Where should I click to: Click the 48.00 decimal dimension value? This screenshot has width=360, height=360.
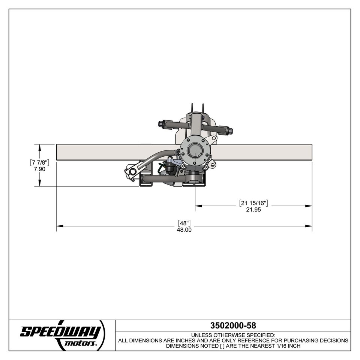[x=184, y=230]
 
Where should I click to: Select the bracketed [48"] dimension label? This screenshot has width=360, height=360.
[x=184, y=222]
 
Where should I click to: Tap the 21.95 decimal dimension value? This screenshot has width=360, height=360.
[x=253, y=210]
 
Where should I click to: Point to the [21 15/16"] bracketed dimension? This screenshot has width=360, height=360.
[x=253, y=203]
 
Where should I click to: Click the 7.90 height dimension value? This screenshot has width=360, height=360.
[x=39, y=169]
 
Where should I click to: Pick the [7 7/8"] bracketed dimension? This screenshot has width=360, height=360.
[x=39, y=162]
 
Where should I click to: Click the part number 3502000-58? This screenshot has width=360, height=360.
[x=233, y=325]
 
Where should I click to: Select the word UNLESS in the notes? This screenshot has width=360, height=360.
[x=201, y=335]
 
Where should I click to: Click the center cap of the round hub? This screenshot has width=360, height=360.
[x=195, y=151]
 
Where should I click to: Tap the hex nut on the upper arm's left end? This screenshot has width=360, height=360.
[x=161, y=124]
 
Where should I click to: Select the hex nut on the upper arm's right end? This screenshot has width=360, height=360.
[x=230, y=131]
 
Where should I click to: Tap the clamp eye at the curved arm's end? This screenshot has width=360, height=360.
[x=132, y=172]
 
